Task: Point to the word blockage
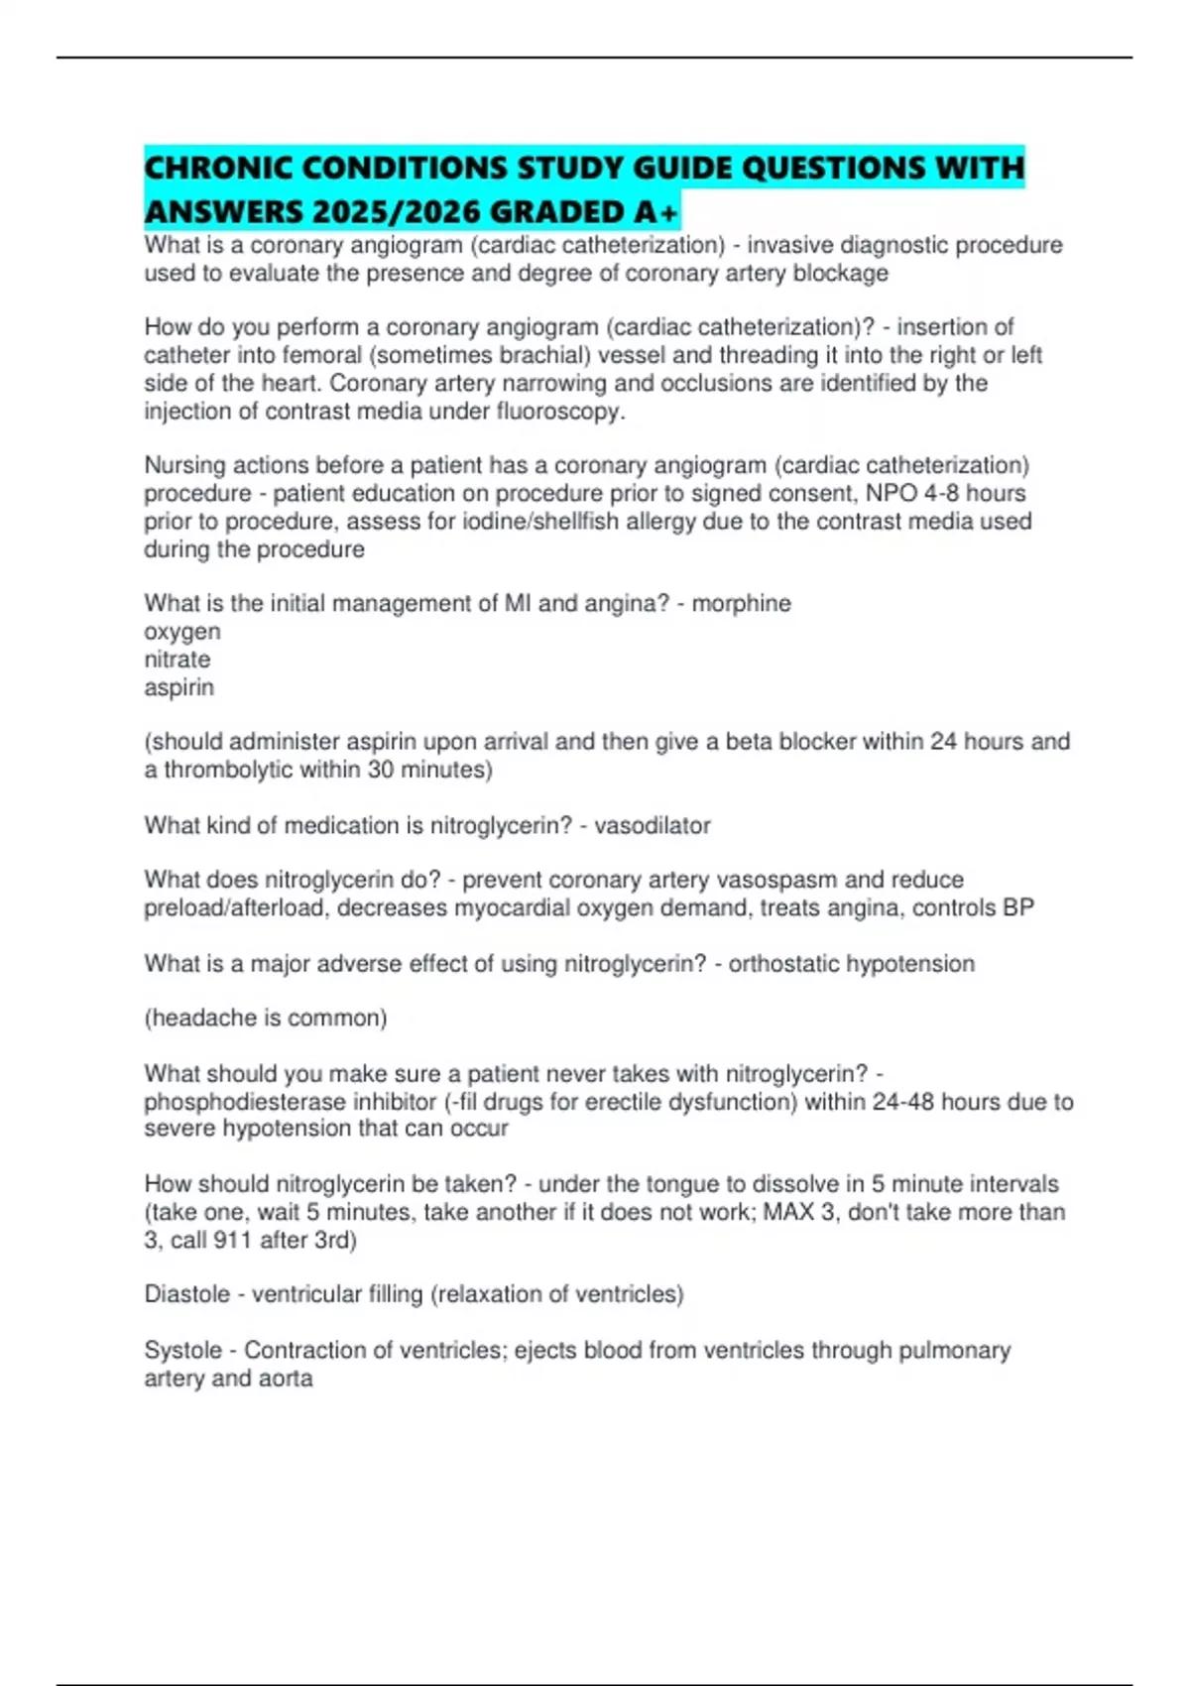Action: (840, 273)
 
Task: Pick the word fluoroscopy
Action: (562, 411)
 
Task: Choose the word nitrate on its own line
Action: (178, 659)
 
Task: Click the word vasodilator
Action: (653, 825)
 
